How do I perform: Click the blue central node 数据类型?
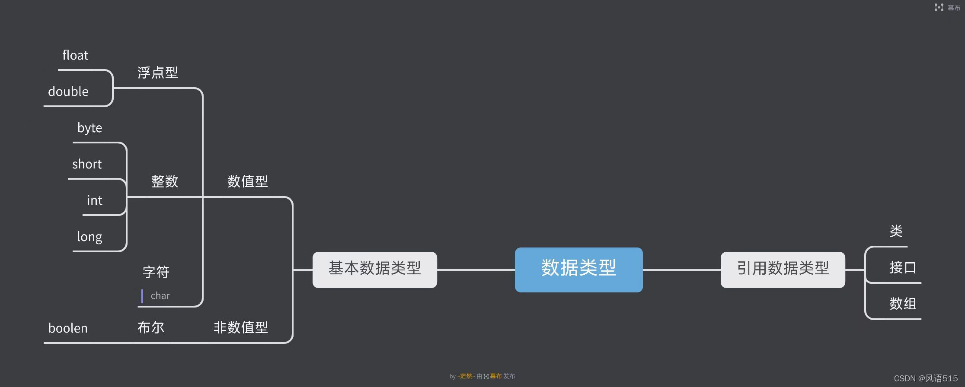pyautogui.click(x=578, y=270)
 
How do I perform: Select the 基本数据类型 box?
pyautogui.click(x=374, y=270)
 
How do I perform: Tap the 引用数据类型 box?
pyautogui.click(x=783, y=270)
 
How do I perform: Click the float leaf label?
pyautogui.click(x=75, y=56)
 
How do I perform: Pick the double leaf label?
pyautogui.click(x=68, y=92)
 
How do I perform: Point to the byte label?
pyautogui.click(x=89, y=128)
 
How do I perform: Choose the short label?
pyautogui.click(x=87, y=165)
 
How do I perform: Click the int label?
pyautogui.click(x=95, y=201)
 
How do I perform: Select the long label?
pyautogui.click(x=89, y=237)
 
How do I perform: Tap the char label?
pyautogui.click(x=160, y=296)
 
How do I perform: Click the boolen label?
pyautogui.click(x=68, y=329)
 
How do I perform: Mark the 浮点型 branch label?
pyautogui.click(x=158, y=73)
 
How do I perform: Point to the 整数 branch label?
pyautogui.click(x=165, y=181)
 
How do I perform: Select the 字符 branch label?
pyautogui.click(x=156, y=272)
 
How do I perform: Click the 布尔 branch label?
pyautogui.click(x=151, y=327)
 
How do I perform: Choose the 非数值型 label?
pyautogui.click(x=241, y=327)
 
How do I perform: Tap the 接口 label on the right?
pyautogui.click(x=903, y=268)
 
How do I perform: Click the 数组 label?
pyautogui.click(x=903, y=304)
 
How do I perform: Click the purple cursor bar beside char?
pyautogui.click(x=142, y=296)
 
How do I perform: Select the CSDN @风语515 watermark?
pyautogui.click(x=926, y=379)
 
